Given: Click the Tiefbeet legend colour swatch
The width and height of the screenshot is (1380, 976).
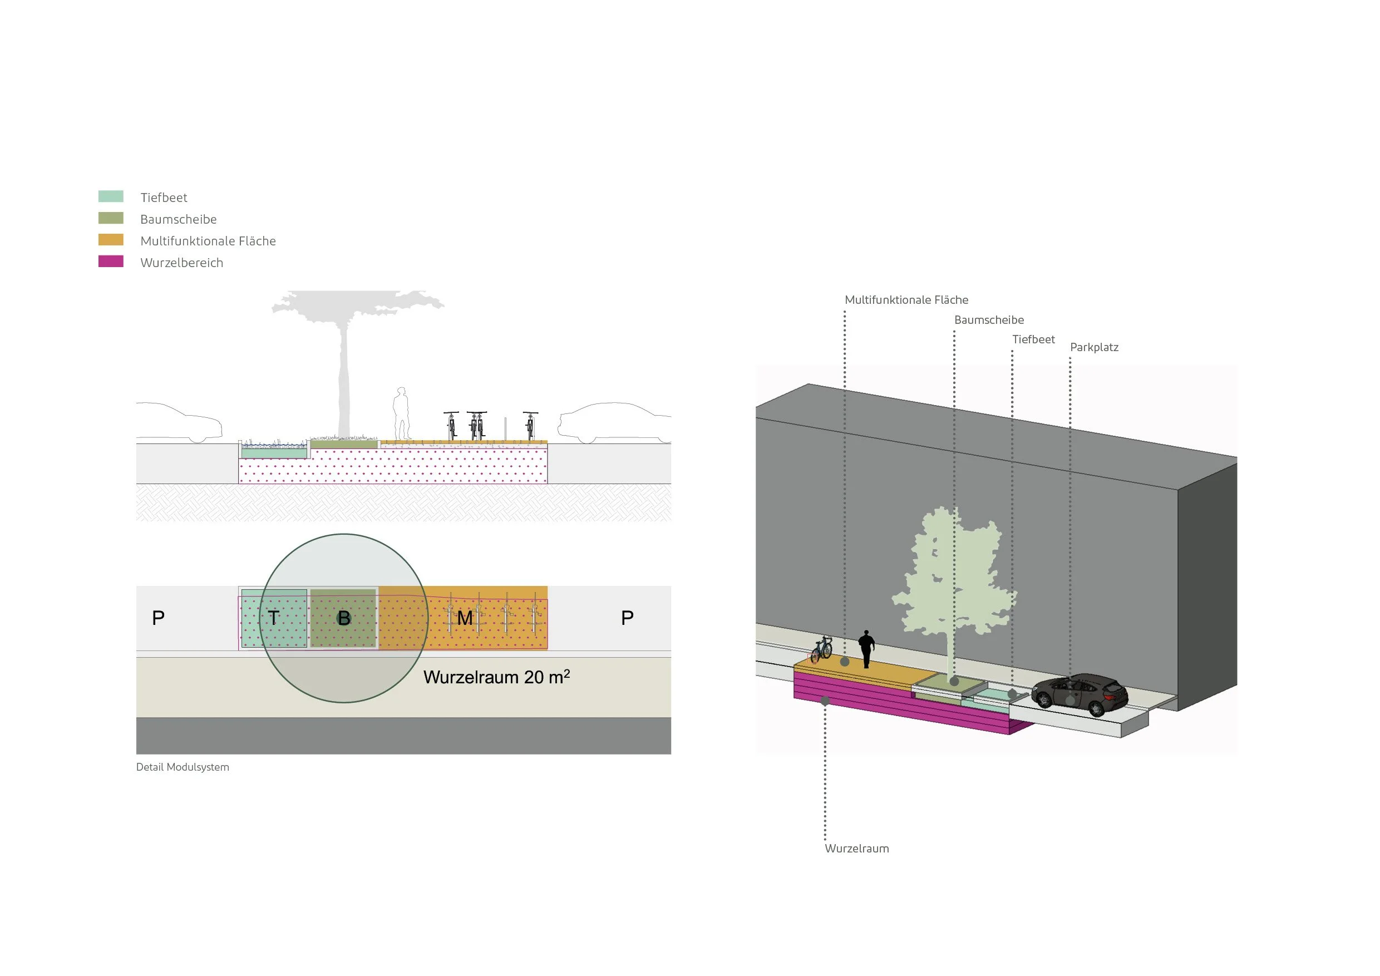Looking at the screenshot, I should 111,196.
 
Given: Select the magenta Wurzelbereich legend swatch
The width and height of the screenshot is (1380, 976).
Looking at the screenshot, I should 111,262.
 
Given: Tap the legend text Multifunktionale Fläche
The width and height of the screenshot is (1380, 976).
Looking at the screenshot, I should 208,241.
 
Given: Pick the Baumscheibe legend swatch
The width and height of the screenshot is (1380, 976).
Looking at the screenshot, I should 111,218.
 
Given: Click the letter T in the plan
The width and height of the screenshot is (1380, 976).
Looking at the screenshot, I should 273,618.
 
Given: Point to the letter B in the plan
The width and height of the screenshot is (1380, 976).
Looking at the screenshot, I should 344,618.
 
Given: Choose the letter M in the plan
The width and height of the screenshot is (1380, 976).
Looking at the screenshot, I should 464,618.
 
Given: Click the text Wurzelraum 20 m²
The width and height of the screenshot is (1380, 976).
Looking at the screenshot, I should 496,677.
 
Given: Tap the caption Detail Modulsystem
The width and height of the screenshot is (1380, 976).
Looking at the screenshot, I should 183,767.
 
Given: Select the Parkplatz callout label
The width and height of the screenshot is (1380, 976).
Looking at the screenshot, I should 1094,347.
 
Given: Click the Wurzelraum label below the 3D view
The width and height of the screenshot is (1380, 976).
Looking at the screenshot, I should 856,849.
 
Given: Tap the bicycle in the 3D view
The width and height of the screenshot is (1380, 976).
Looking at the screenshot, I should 822,650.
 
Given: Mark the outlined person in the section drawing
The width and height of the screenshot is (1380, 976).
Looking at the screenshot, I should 401,413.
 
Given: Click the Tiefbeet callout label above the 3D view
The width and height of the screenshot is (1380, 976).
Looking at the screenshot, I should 1033,339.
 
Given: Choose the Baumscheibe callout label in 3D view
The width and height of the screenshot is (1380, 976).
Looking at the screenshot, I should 989,321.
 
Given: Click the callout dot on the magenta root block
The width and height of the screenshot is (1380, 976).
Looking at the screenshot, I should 825,701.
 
